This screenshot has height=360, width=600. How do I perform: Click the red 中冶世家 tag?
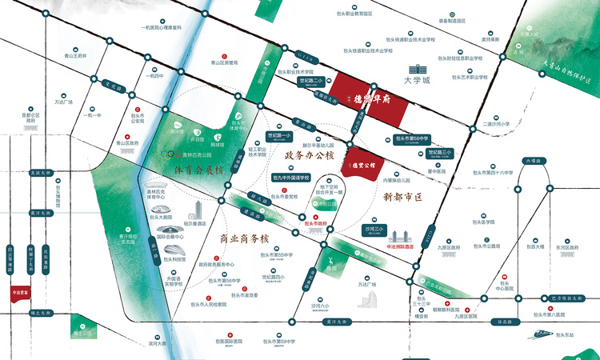(20, 294)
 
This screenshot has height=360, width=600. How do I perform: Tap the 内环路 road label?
(532, 160)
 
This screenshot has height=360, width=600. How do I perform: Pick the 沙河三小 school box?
(374, 232)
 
